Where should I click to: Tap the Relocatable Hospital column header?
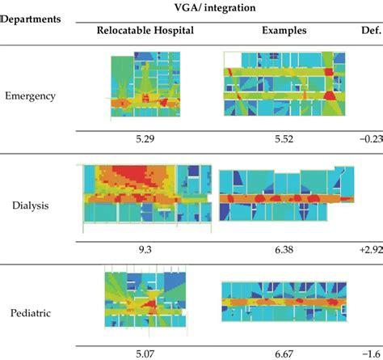(x=145, y=32)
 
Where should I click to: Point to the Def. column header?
(x=367, y=32)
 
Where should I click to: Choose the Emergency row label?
(x=31, y=95)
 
